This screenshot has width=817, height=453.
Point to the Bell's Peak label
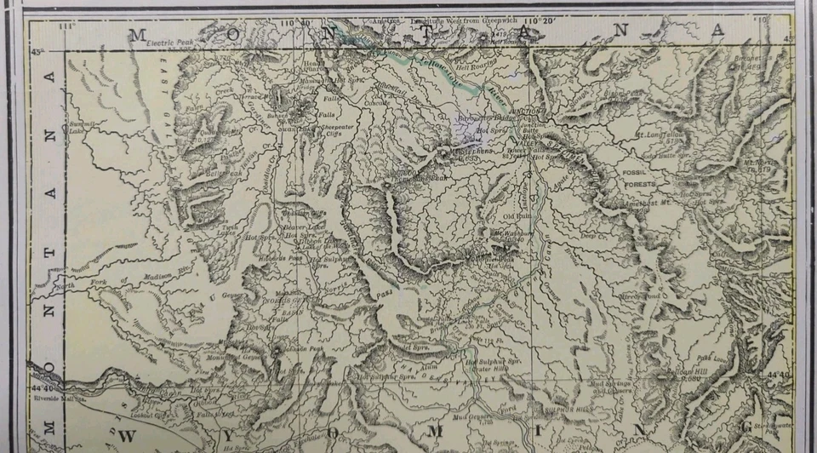(220, 173)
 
